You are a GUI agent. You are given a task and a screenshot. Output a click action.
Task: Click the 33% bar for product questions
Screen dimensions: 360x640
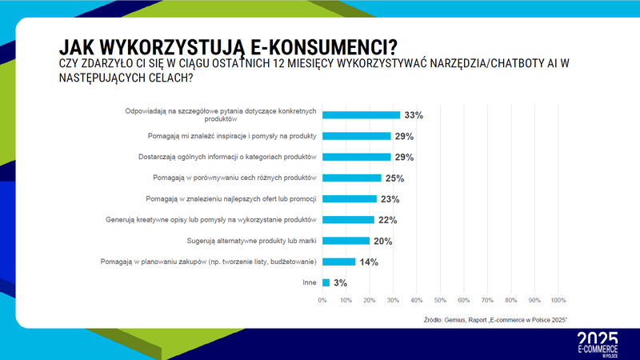(x=361, y=114)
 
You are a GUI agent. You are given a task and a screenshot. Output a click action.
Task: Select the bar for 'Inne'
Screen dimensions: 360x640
(x=326, y=282)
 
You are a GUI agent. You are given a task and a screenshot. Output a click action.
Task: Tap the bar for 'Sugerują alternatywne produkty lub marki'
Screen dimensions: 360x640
(x=346, y=240)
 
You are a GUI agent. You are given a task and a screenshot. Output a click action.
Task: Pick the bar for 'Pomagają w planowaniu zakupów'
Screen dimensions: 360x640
(x=338, y=261)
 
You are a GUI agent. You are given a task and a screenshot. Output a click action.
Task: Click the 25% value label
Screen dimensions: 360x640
(x=394, y=178)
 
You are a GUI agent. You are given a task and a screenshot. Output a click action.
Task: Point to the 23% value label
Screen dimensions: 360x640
(x=390, y=198)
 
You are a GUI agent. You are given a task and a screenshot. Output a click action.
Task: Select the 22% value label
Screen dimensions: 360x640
(x=387, y=219)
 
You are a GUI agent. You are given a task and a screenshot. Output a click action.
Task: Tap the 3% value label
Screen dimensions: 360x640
(x=340, y=282)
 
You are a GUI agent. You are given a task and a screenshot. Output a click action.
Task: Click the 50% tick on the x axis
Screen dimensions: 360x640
(x=440, y=301)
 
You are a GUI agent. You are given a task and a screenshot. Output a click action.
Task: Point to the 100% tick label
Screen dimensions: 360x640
(x=558, y=301)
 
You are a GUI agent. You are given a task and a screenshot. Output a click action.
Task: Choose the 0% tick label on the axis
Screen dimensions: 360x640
(x=322, y=301)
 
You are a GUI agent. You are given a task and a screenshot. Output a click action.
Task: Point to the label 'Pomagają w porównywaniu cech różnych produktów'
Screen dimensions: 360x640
(x=234, y=177)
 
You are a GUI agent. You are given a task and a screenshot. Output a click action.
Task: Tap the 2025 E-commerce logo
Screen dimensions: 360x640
(x=597, y=342)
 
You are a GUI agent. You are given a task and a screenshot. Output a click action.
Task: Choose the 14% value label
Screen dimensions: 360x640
(x=369, y=262)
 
